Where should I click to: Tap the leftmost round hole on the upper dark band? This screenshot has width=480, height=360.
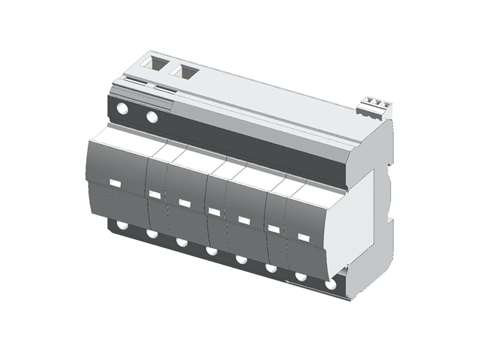(x=122, y=110)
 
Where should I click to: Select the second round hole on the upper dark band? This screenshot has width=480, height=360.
(x=152, y=117)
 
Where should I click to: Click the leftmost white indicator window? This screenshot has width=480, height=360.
(x=115, y=183)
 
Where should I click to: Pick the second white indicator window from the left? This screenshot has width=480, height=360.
(x=154, y=194)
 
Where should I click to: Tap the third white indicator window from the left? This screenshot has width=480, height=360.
(x=184, y=202)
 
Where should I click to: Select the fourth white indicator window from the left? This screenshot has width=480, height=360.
(x=214, y=211)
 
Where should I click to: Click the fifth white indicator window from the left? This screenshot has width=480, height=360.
(x=244, y=220)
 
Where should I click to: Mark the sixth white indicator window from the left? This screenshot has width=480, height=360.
(x=274, y=229)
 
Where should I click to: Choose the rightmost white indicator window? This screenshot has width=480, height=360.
(x=303, y=237)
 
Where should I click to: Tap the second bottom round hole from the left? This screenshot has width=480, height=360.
(x=151, y=234)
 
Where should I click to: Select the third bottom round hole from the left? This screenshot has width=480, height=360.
(x=181, y=242)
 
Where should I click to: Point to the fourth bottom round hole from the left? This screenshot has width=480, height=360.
(x=211, y=251)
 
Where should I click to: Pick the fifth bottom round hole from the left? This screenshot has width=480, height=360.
(x=241, y=259)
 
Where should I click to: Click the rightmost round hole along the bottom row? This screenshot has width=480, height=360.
(x=331, y=285)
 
